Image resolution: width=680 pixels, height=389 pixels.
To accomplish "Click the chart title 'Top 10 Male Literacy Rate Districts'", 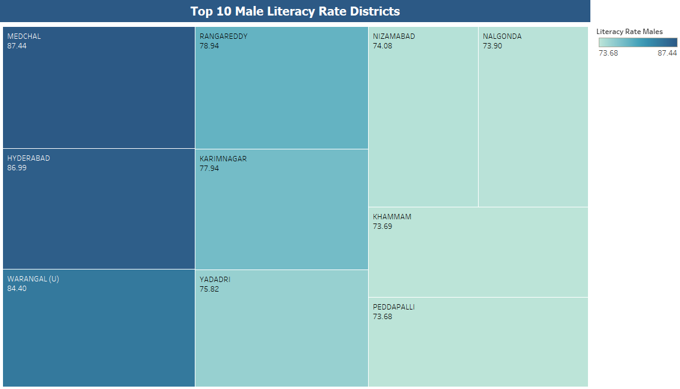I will click(x=295, y=11).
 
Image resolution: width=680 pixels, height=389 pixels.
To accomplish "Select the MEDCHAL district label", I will click(x=24, y=36).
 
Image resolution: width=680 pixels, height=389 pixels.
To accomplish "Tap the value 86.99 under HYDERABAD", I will click(x=17, y=168).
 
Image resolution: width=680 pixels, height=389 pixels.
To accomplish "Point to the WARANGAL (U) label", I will click(x=33, y=279).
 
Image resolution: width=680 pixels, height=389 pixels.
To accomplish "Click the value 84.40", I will click(x=17, y=289).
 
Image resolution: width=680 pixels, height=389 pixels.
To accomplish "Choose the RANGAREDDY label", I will click(x=223, y=36).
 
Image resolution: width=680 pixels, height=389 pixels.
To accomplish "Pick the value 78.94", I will click(x=209, y=46).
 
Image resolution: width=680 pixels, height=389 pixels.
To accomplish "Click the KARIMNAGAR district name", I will click(x=223, y=159).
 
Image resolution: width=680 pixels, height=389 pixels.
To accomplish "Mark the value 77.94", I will click(x=209, y=169).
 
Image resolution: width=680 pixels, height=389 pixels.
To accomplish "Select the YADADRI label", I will click(x=215, y=280).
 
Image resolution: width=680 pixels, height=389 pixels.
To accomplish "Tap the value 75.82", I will click(x=209, y=289).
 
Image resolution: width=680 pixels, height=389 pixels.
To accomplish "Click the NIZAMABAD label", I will click(x=393, y=36).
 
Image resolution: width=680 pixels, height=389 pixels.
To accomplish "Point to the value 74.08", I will click(x=382, y=46).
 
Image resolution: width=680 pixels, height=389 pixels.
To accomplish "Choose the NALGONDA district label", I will click(x=502, y=36).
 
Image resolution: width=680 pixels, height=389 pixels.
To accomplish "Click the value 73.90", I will click(x=492, y=46).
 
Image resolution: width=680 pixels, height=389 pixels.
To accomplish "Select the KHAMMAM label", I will click(x=392, y=217).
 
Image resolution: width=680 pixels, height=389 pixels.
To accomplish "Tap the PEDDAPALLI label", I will click(x=393, y=307).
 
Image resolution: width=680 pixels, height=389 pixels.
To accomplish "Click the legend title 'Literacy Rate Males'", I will click(x=629, y=32).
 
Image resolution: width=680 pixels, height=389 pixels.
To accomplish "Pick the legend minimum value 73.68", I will click(x=608, y=53).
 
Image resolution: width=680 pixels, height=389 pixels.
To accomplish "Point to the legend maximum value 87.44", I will click(x=667, y=53).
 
